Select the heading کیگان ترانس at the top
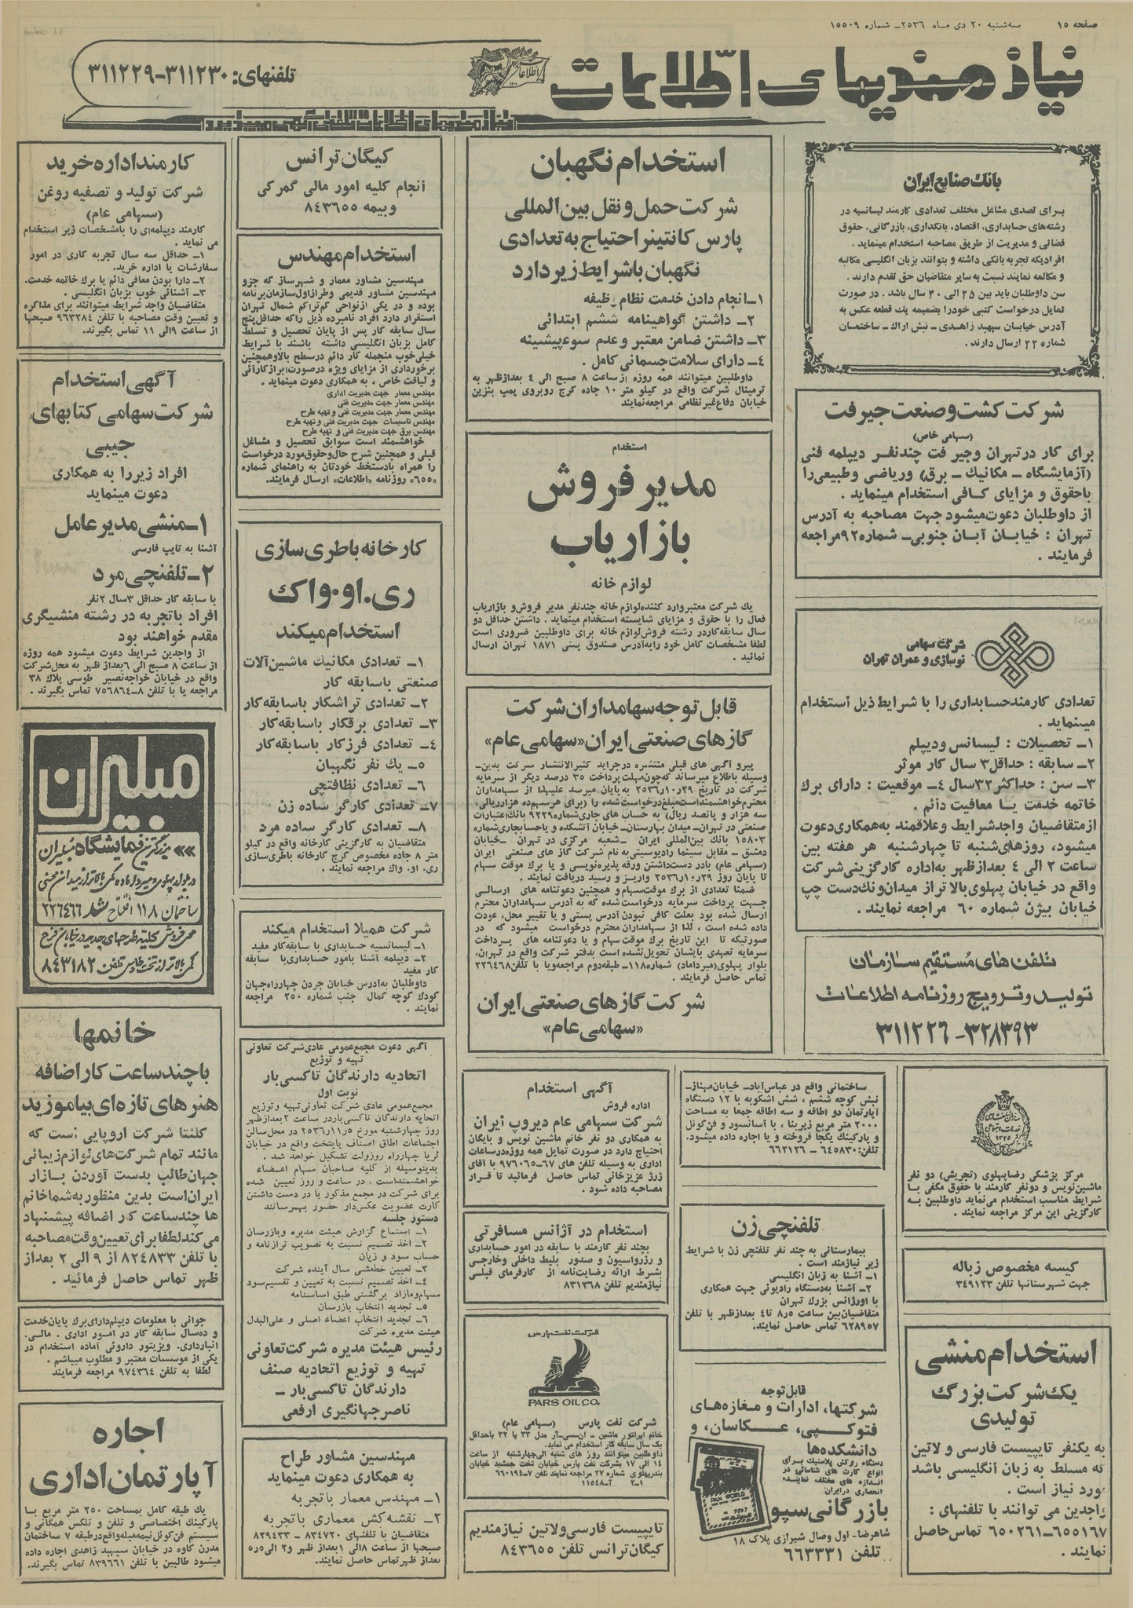click(340, 162)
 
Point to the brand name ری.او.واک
click(340, 595)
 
